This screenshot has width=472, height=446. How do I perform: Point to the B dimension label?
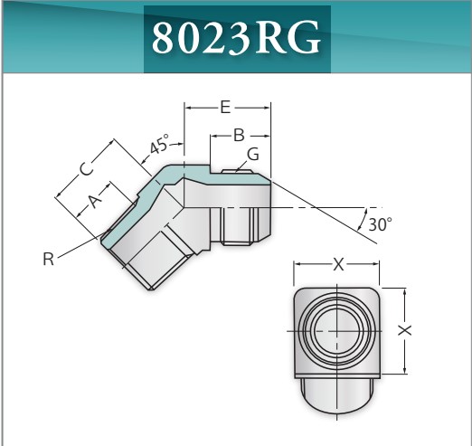(239, 135)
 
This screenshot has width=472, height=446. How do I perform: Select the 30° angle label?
(380, 225)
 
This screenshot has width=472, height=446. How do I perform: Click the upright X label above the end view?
(338, 265)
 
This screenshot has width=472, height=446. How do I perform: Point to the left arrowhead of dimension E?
(188, 108)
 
